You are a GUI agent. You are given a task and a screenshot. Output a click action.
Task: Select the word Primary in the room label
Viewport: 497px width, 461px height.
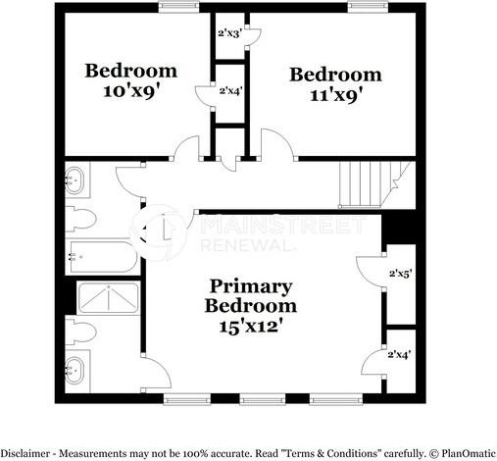pos(250,286)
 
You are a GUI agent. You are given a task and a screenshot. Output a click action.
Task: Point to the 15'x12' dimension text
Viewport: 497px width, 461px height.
pos(250,325)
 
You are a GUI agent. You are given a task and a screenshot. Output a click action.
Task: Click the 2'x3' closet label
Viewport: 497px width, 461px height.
pos(229,32)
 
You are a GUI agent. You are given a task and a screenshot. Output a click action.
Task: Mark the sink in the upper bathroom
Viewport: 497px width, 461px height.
pos(75,180)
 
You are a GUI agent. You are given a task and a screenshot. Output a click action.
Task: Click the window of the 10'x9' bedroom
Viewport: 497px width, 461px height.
pos(177,8)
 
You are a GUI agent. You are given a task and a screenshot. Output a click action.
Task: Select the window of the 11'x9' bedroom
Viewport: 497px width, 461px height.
pos(365,8)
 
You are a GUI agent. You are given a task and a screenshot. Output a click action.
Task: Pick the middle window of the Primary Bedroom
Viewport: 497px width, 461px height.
pos(260,399)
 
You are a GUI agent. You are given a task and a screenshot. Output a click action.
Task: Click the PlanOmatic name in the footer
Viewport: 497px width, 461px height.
pos(461,453)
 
